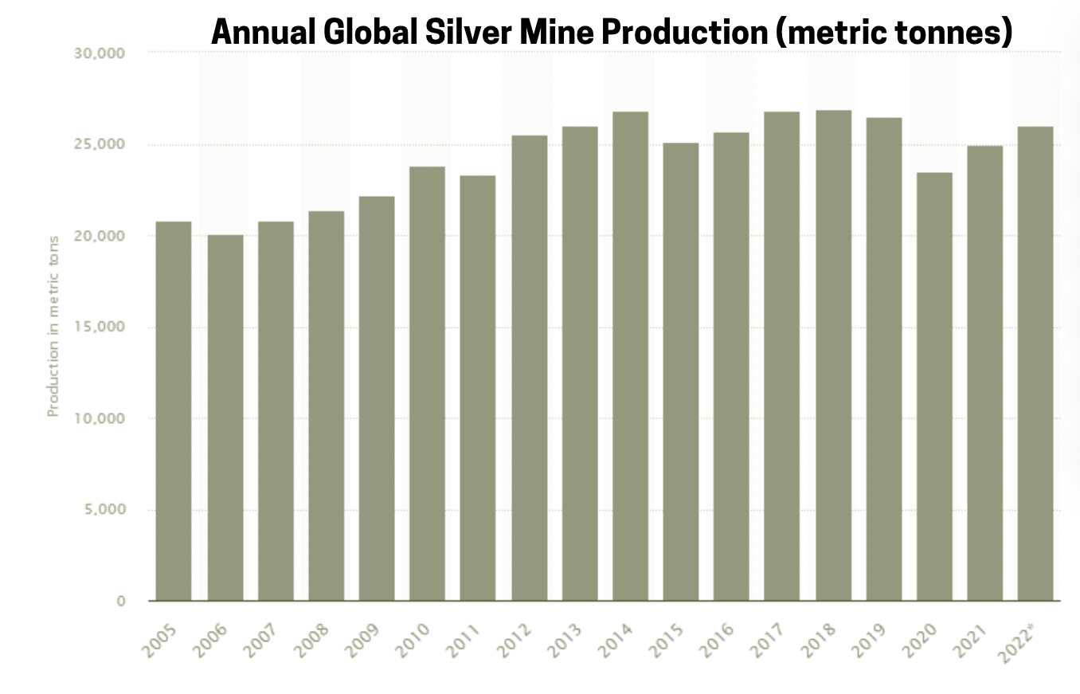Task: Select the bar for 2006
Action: coord(225,418)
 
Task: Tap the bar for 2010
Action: coord(427,383)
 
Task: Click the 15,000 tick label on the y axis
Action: coord(103,327)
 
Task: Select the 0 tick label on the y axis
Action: coord(121,602)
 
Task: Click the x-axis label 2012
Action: coord(514,641)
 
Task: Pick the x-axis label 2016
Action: coord(716,641)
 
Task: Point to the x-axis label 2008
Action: coord(311,641)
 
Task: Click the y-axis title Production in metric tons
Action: coord(53,327)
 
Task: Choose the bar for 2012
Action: coord(529,367)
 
